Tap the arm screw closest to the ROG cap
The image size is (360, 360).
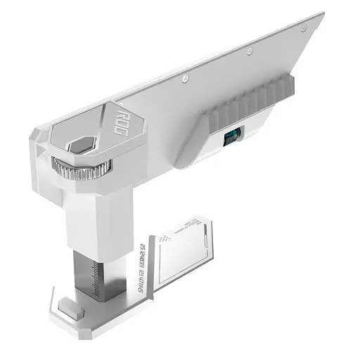point(184,77)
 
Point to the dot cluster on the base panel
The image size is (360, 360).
point(166,239)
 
